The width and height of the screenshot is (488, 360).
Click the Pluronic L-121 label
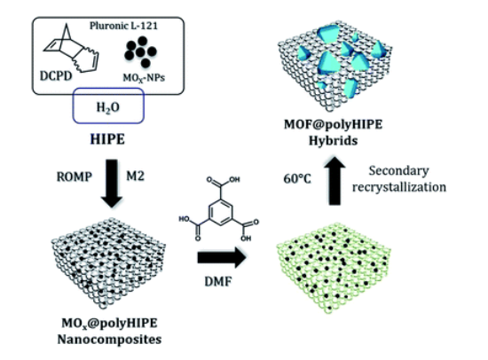point(123,26)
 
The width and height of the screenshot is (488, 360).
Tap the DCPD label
point(56,76)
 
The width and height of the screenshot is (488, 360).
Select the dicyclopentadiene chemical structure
point(71,49)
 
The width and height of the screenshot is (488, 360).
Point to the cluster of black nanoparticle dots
point(140,52)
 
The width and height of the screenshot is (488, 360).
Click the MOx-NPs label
point(144,78)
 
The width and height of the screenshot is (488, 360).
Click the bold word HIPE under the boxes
point(107,139)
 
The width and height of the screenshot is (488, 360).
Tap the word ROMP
point(74,177)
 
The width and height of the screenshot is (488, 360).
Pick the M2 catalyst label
point(135,176)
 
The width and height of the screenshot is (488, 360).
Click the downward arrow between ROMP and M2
point(112,184)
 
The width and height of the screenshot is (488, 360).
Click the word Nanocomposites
point(109,339)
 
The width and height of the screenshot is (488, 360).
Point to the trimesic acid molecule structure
point(219,209)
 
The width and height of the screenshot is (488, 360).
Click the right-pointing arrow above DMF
point(222,258)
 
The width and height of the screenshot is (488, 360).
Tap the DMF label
point(218,282)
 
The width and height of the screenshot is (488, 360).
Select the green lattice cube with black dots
point(333,268)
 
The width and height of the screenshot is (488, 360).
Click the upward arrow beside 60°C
point(335,181)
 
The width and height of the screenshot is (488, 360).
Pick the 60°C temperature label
point(297,179)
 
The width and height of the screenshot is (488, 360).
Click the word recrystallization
point(399,187)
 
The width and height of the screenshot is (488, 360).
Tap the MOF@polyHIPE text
point(333,125)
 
